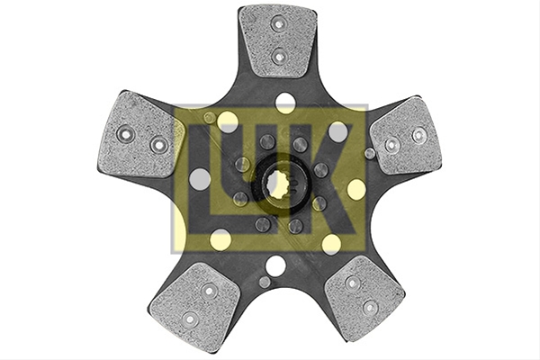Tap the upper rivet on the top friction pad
277,23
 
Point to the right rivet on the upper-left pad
159,145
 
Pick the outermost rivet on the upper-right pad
418,135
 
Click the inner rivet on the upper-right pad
391,145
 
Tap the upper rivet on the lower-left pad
209,291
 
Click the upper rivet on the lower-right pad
352,283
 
